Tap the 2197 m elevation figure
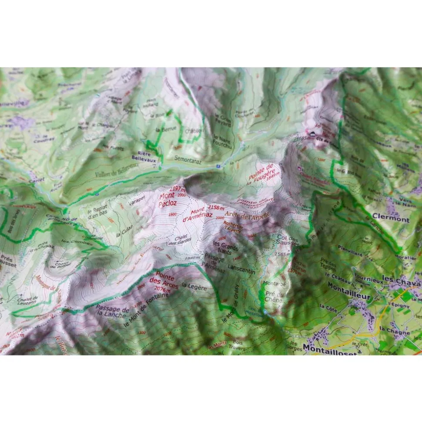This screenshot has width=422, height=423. pos(178,189)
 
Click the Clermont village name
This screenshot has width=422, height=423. pos(391,220)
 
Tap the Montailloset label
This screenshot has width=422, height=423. pos(330,348)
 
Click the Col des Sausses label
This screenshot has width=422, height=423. pos(288,240)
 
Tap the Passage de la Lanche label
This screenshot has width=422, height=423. pos(112,311)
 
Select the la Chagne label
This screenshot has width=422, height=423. pos(395,329)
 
